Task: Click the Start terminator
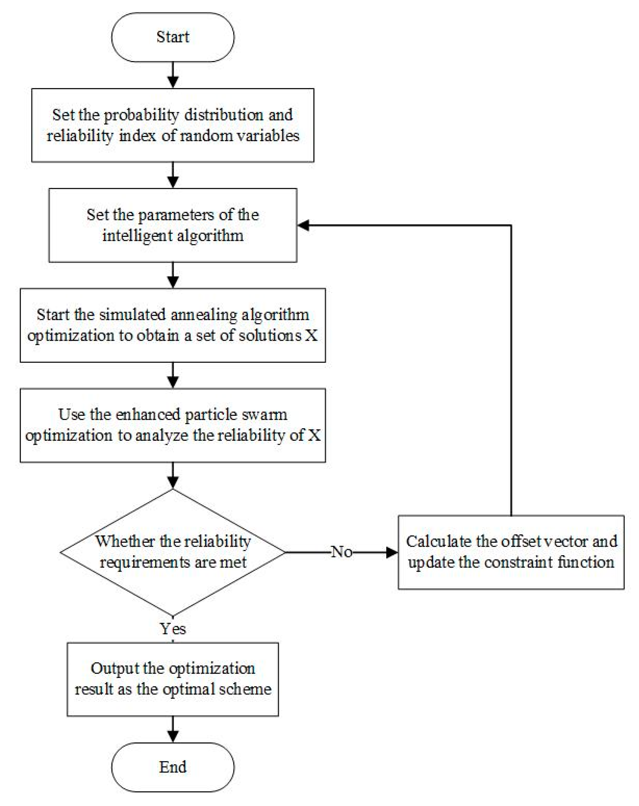tap(172, 37)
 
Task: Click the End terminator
tap(172, 767)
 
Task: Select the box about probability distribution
tap(172, 125)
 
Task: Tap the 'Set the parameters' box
tap(172, 225)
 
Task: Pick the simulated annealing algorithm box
tap(172, 325)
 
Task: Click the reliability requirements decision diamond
tap(172, 552)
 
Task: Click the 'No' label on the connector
tap(341, 552)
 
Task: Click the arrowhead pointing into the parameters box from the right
tap(303, 225)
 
